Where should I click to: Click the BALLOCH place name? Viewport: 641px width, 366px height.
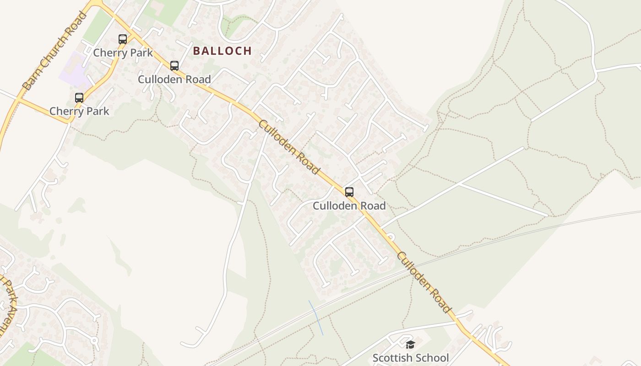[222, 51]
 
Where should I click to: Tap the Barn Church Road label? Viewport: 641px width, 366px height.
[54, 51]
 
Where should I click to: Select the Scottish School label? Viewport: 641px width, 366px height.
[410, 357]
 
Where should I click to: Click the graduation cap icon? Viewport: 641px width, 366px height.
[410, 344]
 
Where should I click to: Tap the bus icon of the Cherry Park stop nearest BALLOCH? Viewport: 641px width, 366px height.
[123, 39]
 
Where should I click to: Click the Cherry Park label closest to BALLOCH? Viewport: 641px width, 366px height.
[123, 53]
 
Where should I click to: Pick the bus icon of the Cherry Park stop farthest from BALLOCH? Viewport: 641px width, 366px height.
[79, 98]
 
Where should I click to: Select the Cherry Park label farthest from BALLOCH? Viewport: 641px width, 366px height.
[79, 111]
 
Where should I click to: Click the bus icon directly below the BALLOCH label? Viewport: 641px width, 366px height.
[174, 66]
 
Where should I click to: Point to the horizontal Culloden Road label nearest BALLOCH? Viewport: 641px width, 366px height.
[174, 79]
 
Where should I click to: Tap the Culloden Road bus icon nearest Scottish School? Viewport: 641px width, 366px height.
[349, 192]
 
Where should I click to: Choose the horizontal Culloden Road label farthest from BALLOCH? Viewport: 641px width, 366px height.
[349, 206]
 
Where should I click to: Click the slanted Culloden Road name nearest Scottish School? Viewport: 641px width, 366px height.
[424, 282]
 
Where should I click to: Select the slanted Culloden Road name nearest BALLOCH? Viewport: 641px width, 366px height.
[288, 147]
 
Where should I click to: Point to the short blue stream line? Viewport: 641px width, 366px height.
[316, 318]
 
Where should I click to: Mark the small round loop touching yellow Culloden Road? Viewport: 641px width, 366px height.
[391, 237]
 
